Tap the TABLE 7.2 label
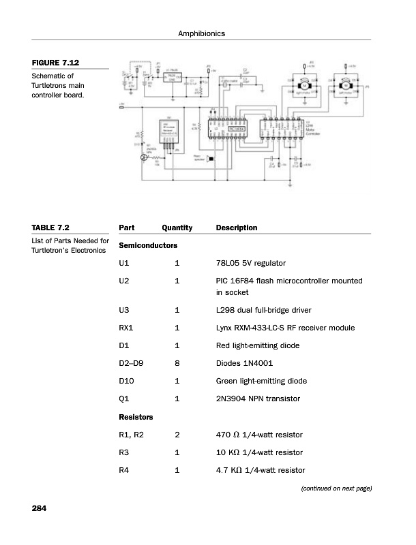tap(50, 228)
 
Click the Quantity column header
tap(177, 228)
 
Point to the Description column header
tap(236, 228)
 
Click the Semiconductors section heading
tap(148, 245)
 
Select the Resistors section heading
tap(136, 416)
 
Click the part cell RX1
tap(126, 328)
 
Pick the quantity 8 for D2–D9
tap(177, 363)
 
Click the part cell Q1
tap(123, 399)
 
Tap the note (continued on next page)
tap(332, 488)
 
